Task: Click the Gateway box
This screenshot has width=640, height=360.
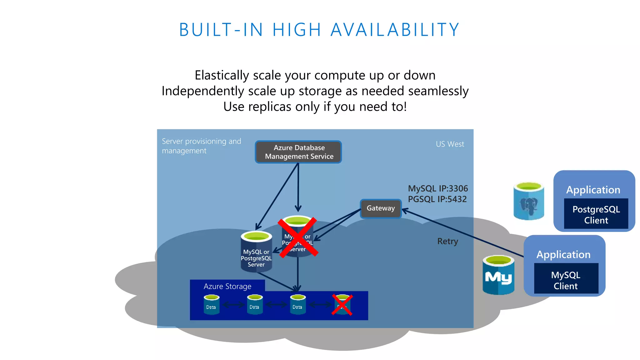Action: coord(380,208)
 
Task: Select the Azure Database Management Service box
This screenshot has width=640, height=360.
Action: coord(298,152)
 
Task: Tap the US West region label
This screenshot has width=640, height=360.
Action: coord(450,144)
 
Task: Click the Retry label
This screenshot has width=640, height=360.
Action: coord(447,241)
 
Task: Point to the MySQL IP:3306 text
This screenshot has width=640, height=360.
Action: coord(438,188)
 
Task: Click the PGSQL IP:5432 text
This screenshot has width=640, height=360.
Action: coord(437,199)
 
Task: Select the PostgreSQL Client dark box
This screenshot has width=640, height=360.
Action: coord(596,214)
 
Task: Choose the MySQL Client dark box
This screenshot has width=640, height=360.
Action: coord(566,280)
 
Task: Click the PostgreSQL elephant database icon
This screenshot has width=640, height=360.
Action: coord(528,202)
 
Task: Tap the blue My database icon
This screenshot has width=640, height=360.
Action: coord(498,275)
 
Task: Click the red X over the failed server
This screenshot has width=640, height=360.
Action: coord(298,237)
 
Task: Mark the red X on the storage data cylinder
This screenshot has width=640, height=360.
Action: coord(342,305)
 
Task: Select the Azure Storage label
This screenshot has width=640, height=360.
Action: coord(227,286)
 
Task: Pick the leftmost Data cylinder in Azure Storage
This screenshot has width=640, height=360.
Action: coord(211,305)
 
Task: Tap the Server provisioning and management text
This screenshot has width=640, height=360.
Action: coord(201,146)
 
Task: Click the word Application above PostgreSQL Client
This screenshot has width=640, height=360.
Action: coord(593,190)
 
